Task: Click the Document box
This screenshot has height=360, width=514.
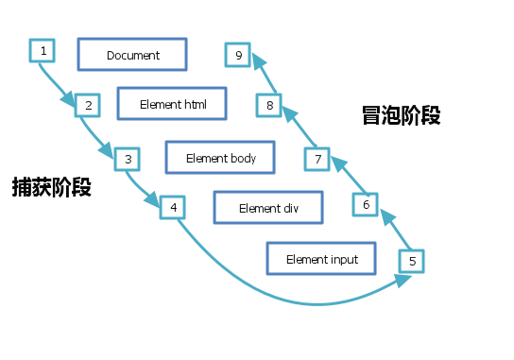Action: tap(132, 55)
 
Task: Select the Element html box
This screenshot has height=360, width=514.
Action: tap(172, 103)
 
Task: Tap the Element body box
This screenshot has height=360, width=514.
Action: tap(220, 158)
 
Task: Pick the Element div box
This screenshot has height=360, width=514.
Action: tap(268, 208)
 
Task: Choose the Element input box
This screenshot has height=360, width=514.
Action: tap(322, 258)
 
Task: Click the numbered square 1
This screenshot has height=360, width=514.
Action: tap(42, 49)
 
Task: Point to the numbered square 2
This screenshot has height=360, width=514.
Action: tap(87, 105)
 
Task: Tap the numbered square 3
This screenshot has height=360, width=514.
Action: tap(128, 159)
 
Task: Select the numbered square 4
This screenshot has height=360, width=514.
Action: tap(173, 207)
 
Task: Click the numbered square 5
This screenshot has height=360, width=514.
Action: tap(412, 260)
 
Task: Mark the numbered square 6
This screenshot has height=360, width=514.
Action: tap(367, 203)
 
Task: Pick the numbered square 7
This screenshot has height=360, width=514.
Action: tap(318, 159)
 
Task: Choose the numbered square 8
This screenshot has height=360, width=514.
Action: tap(270, 105)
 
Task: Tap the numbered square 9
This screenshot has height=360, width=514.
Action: tap(239, 56)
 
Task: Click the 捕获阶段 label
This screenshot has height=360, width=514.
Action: tap(52, 186)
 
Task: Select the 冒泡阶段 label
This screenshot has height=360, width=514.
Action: tap(401, 116)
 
